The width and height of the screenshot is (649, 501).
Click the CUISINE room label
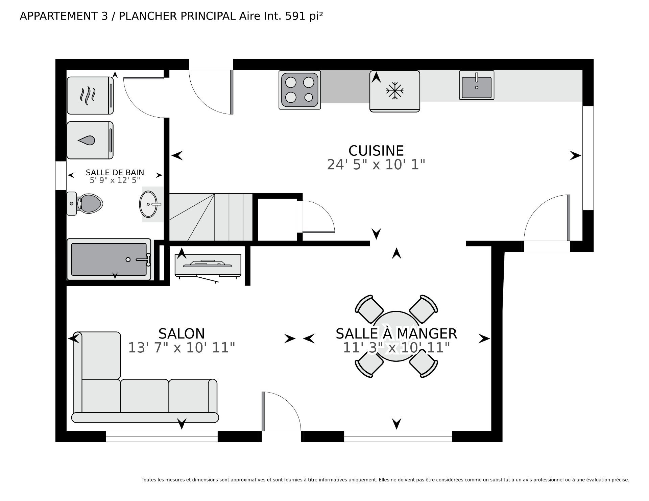pyautogui.click(x=376, y=151)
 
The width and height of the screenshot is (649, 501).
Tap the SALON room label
pyautogui.click(x=182, y=334)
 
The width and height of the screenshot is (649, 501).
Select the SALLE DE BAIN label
pyautogui.click(x=115, y=173)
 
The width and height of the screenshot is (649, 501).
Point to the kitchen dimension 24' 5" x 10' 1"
pyautogui.click(x=376, y=165)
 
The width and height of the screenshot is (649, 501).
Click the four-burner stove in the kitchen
pyautogui.click(x=300, y=90)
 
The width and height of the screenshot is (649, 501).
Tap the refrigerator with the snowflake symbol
pyautogui.click(x=395, y=91)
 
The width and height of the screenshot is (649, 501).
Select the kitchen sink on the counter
pyautogui.click(x=477, y=85)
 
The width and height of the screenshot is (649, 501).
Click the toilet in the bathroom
pyautogui.click(x=85, y=204)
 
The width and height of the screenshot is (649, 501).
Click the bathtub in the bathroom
pyautogui.click(x=109, y=259)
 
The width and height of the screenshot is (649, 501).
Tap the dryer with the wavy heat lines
pyautogui.click(x=90, y=96)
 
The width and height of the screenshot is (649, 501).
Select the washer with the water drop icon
pyautogui.click(x=90, y=140)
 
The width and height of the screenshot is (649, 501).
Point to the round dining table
pyautogui.click(x=396, y=336)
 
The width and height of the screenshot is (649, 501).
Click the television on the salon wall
pyautogui.click(x=208, y=266)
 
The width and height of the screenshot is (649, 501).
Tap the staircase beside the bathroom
pyautogui.click(x=211, y=217)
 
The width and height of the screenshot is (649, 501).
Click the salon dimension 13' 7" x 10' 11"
pyautogui.click(x=182, y=348)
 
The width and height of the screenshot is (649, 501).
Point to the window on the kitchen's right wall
pyautogui.click(x=588, y=158)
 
